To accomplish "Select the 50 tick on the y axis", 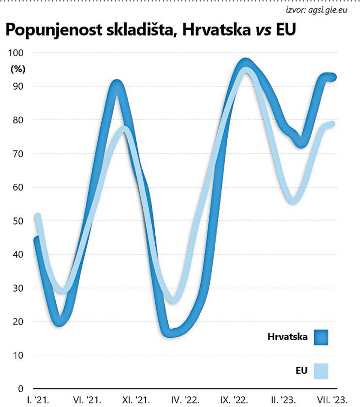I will click(x=18, y=221).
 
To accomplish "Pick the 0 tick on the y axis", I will click(x=20, y=389).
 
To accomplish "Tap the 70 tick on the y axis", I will click(x=18, y=154).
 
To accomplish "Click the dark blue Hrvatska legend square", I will click(x=321, y=337).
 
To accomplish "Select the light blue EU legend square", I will click(x=321, y=371).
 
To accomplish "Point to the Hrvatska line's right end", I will click(x=334, y=77).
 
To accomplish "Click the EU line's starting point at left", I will click(x=38, y=217).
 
